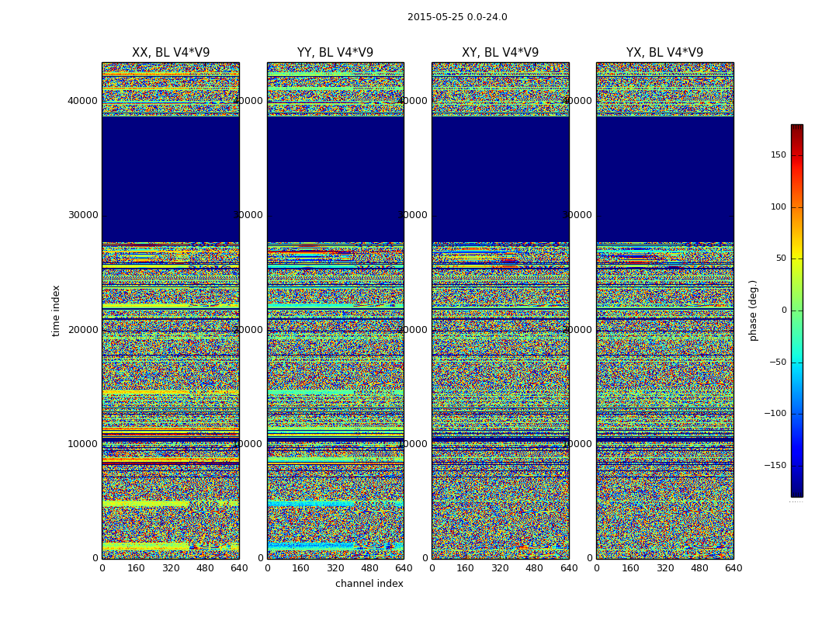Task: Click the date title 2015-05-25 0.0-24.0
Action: click(x=457, y=17)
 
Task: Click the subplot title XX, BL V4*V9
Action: click(x=171, y=53)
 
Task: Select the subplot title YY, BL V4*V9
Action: click(x=335, y=53)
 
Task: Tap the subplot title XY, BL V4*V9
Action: click(x=500, y=53)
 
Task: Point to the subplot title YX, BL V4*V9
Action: click(x=664, y=53)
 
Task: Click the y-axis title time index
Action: click(x=56, y=310)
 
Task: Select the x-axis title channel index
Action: click(x=369, y=584)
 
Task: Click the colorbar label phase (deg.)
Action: click(x=753, y=310)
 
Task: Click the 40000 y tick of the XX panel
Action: click(x=82, y=100)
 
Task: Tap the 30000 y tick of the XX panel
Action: click(x=82, y=215)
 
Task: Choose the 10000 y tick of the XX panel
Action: click(x=82, y=444)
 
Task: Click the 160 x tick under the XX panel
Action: click(x=136, y=568)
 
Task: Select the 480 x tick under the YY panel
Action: click(x=369, y=568)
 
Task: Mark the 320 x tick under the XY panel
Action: click(x=500, y=568)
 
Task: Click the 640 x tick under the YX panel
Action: click(x=733, y=568)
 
